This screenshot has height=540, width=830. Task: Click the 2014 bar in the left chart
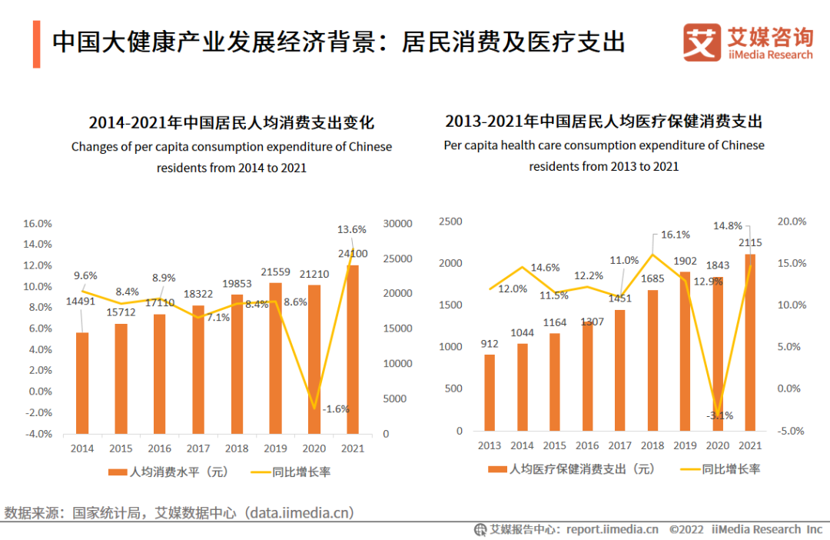(x=82, y=382)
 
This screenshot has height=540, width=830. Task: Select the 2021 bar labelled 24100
(x=353, y=349)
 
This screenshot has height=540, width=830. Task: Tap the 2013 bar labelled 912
(x=490, y=392)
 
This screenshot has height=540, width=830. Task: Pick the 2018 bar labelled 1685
(x=652, y=360)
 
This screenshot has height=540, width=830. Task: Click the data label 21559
(x=276, y=272)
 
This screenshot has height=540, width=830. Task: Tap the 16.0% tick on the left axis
(x=38, y=224)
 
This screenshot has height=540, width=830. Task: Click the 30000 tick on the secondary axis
(x=399, y=224)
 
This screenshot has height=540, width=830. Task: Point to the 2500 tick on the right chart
(x=450, y=222)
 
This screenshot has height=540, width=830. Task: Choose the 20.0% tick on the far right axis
(x=791, y=222)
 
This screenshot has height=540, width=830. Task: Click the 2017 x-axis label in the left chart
(x=198, y=448)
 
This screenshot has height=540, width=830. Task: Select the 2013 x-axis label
(x=490, y=446)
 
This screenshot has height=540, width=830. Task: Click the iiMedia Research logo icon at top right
(x=701, y=43)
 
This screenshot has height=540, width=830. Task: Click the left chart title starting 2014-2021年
(x=231, y=123)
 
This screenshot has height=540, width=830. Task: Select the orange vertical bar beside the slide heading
(x=36, y=44)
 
